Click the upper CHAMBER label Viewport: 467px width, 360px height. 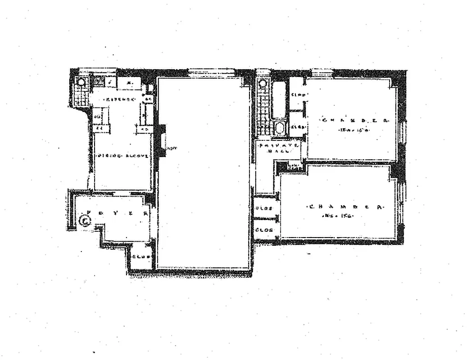point(354,120)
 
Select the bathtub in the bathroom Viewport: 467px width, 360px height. point(279,100)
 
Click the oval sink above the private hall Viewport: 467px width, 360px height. point(280,129)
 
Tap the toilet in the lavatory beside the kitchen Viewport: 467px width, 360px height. point(81,82)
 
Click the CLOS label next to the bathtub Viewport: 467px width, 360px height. point(298,94)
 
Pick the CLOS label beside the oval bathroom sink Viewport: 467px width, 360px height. point(297,127)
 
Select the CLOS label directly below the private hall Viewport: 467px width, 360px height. point(265,209)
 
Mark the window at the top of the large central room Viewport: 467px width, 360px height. point(212,71)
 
